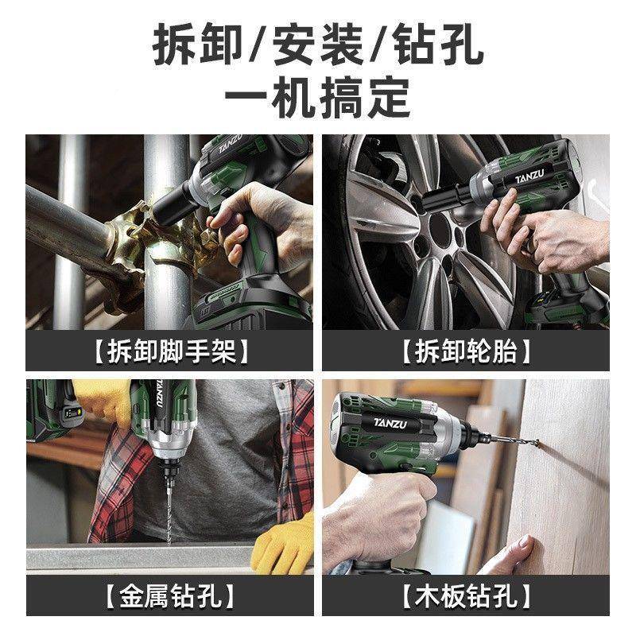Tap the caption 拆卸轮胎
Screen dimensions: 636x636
465,351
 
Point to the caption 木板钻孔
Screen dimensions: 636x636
465,595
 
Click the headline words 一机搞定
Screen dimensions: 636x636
318,97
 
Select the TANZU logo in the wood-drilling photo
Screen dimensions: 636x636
388,420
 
